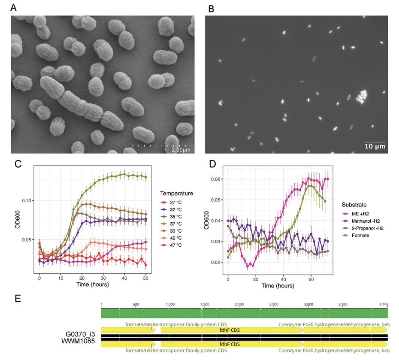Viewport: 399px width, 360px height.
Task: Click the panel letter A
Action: pyautogui.click(x=14, y=7)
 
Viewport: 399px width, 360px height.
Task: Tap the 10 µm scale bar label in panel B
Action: pyautogui.click(x=375, y=147)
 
